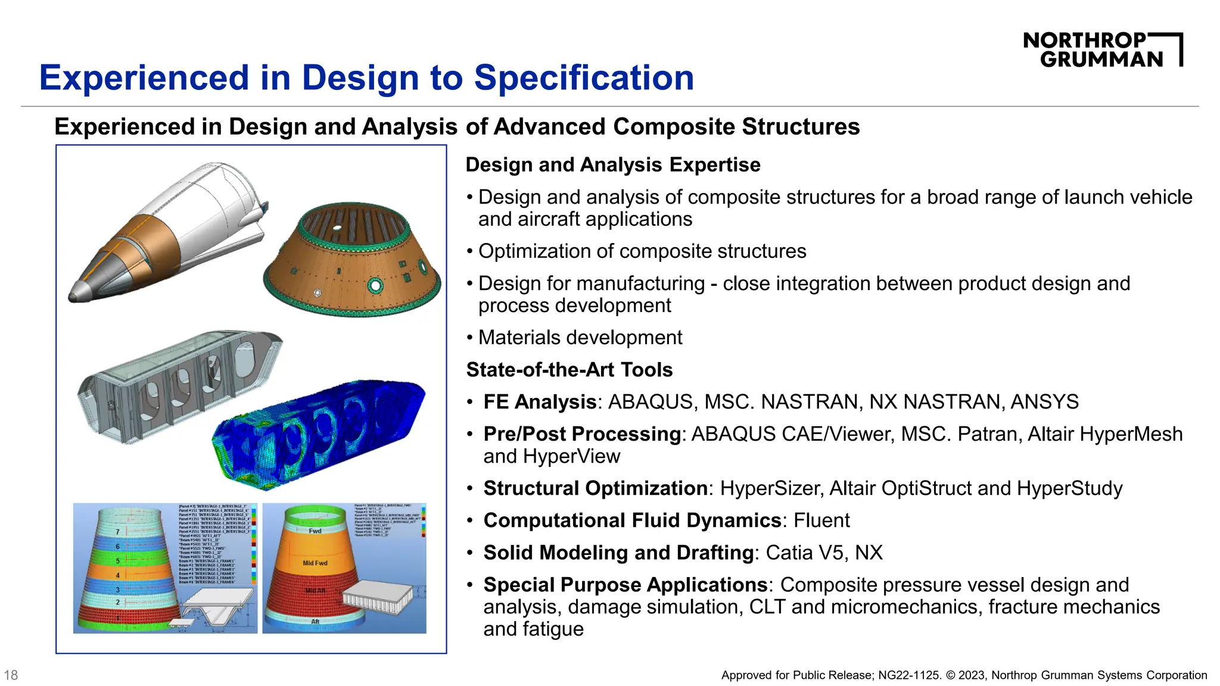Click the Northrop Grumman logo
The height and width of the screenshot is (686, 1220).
pyautogui.click(x=1102, y=50)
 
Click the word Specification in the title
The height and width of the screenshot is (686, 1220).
pyautogui.click(x=584, y=77)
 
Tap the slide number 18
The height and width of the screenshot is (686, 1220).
pyautogui.click(x=11, y=675)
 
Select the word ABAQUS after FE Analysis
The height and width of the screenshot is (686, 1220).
pyautogui.click(x=650, y=402)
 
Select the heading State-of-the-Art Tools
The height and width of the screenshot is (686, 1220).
pyautogui.click(x=569, y=370)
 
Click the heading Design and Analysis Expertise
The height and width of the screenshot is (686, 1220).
pyautogui.click(x=613, y=165)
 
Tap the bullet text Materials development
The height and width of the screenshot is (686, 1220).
pyautogui.click(x=580, y=338)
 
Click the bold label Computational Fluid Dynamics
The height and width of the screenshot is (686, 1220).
pyautogui.click(x=632, y=520)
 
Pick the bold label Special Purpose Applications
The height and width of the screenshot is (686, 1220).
pyautogui.click(x=625, y=585)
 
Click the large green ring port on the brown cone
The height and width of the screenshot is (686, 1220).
pyautogui.click(x=375, y=286)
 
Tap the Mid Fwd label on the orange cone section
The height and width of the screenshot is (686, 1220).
pyautogui.click(x=315, y=563)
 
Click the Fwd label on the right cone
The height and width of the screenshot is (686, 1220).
pyautogui.click(x=315, y=531)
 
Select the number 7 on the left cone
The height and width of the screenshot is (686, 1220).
pyautogui.click(x=117, y=532)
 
